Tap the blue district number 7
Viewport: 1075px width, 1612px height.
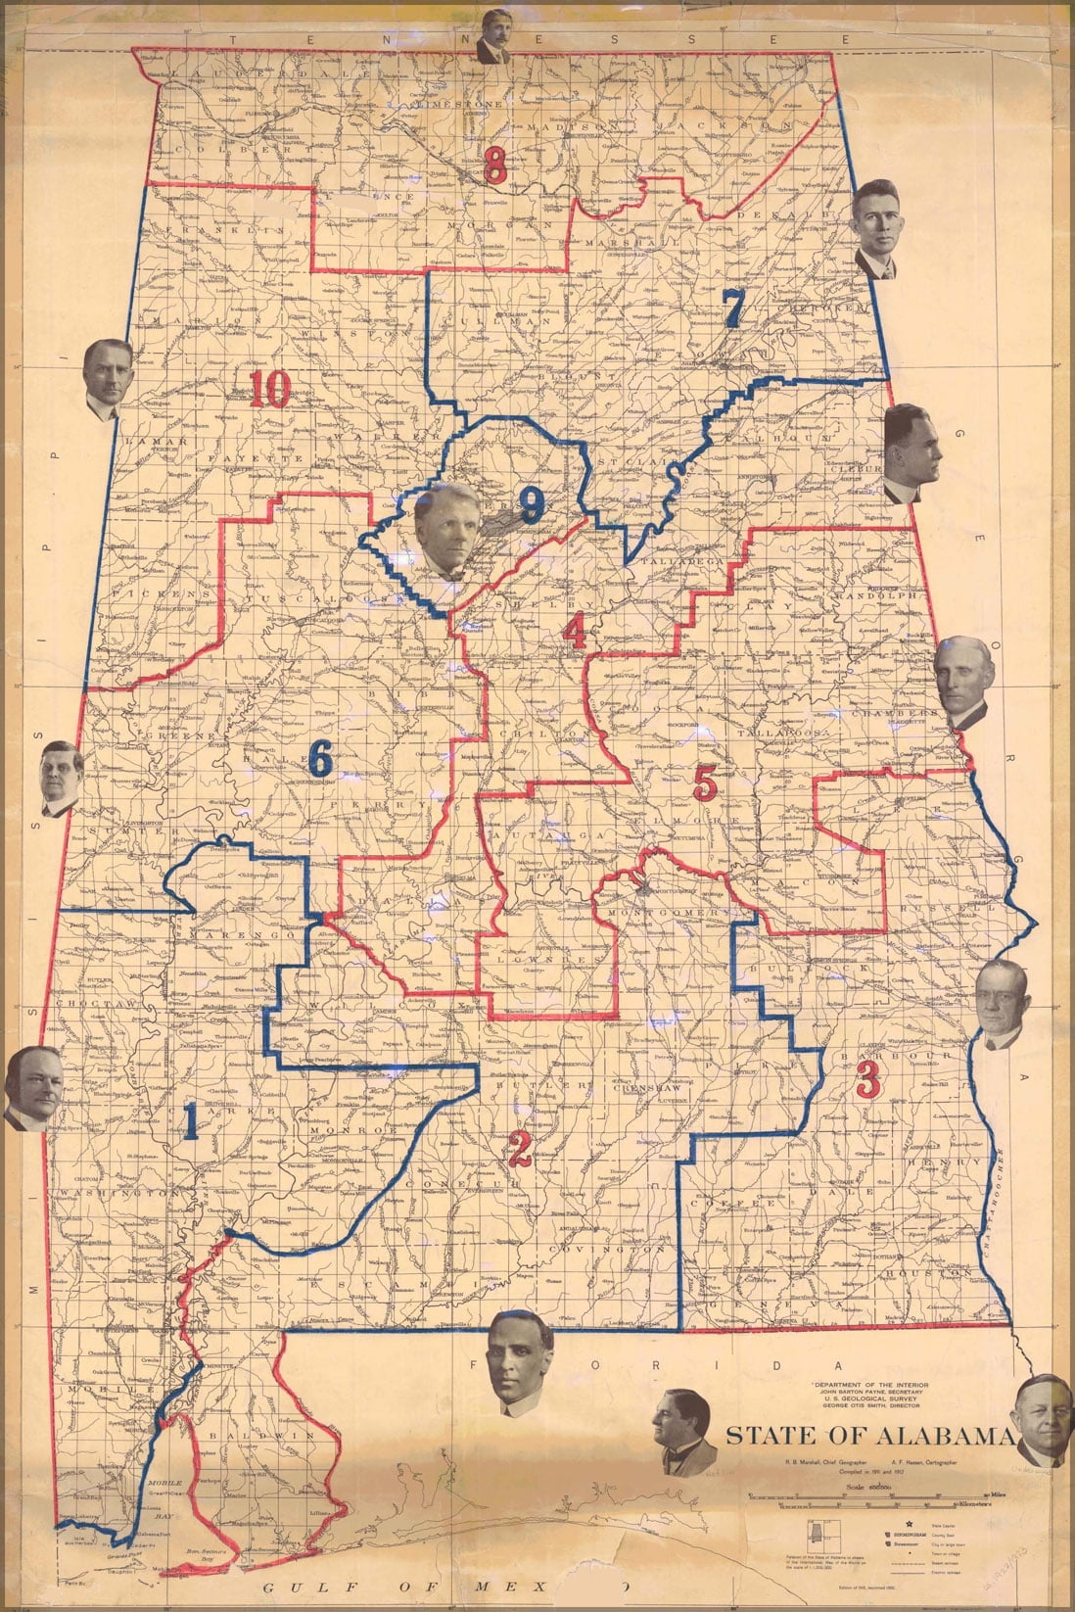click(732, 308)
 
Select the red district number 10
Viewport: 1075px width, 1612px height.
click(269, 391)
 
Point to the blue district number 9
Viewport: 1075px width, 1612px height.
click(531, 504)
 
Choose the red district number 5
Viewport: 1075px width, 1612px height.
click(705, 781)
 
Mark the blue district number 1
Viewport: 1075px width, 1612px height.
click(191, 1123)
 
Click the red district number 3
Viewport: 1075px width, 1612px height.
click(866, 1079)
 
